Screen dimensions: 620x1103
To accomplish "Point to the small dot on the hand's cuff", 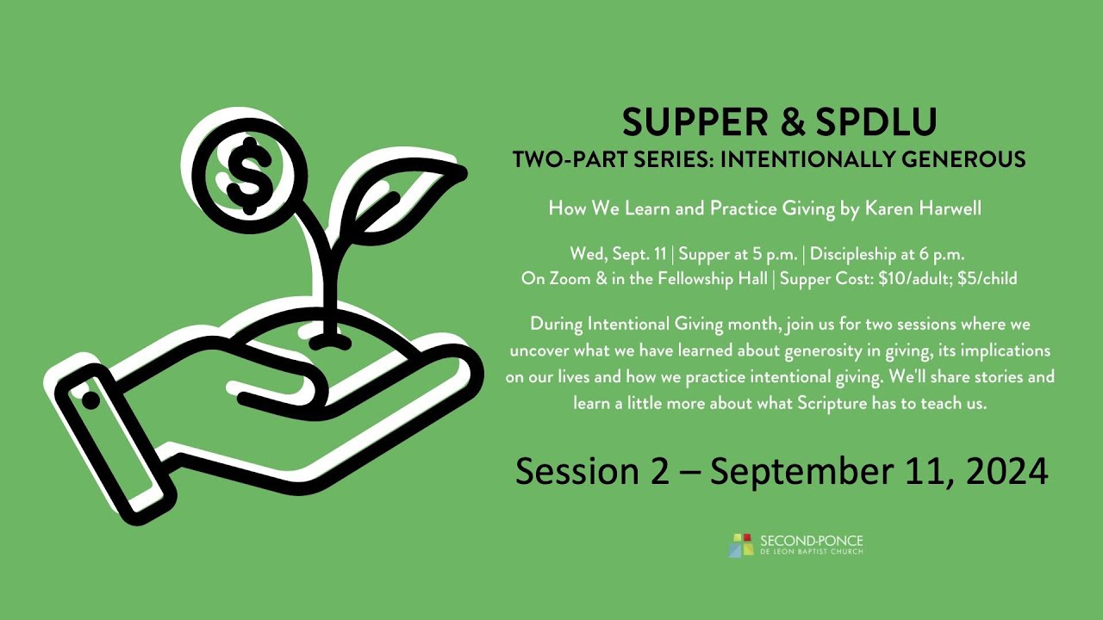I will click(90, 401).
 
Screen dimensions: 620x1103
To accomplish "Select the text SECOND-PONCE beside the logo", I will click(811, 540).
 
